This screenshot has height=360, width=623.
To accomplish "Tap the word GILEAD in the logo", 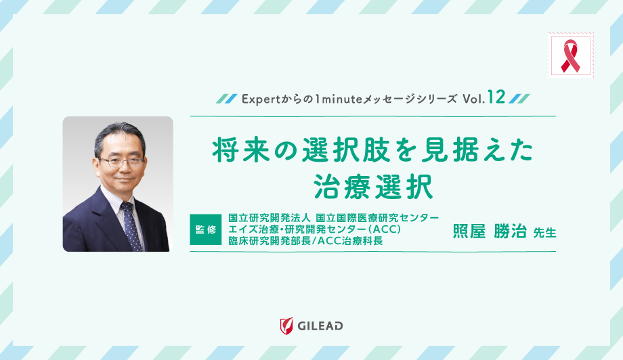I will [x=320, y=325].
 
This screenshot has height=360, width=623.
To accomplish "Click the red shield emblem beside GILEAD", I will [x=287, y=325].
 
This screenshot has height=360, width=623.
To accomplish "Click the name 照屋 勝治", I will [x=488, y=230].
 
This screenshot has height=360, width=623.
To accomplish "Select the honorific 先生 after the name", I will [x=544, y=232].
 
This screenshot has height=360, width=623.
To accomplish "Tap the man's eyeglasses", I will [x=121, y=162].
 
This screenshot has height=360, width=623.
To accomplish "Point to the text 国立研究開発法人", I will [x=269, y=217].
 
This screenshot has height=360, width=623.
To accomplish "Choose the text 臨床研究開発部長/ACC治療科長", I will [x=306, y=242].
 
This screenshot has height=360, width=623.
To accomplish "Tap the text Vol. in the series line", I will [x=473, y=99].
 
